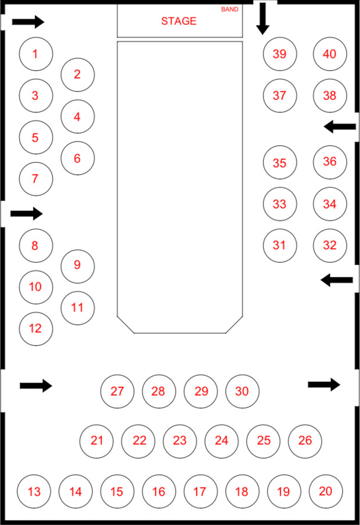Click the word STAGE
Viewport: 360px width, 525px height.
pos(179,21)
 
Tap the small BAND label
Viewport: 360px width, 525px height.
pos(229,9)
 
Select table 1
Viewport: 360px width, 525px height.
pos(36,54)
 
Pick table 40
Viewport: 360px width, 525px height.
pos(329,54)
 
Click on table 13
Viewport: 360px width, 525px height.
pos(34,492)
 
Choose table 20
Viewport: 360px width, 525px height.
pos(326,491)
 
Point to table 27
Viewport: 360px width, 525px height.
pos(117,391)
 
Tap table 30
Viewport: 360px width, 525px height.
pos(242,391)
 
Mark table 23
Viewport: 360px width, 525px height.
pos(180,440)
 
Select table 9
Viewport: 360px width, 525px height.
pos(77,266)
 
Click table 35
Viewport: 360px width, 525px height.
pos(280,163)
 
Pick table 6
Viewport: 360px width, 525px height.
pos(77,158)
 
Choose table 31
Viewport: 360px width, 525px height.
pos(280,245)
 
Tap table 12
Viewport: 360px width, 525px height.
pos(36,328)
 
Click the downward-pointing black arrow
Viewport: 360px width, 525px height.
pos(263,17)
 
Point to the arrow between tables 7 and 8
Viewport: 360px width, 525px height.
pos(27,214)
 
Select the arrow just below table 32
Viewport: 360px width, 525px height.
pos(337,280)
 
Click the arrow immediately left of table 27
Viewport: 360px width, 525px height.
pos(36,385)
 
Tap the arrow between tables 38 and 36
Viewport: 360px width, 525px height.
pos(340,126)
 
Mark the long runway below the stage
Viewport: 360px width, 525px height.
pos(180,185)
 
